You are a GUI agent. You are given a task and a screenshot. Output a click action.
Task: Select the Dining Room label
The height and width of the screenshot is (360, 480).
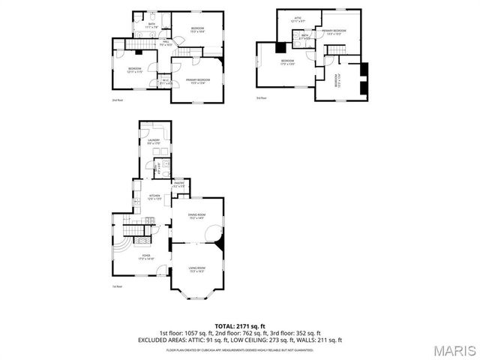click(x=196, y=217)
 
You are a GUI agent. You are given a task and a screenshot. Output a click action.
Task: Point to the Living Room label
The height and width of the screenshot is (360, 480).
click(x=196, y=269)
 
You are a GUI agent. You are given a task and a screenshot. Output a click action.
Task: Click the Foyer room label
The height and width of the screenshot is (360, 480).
click(x=145, y=256)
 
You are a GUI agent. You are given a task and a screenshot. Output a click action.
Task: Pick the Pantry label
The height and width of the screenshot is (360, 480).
click(x=179, y=184)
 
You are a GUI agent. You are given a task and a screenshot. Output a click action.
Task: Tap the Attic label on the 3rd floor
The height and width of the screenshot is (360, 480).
click(x=297, y=20)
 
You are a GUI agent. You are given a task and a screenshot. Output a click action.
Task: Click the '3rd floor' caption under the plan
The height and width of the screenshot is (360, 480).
click(x=261, y=98)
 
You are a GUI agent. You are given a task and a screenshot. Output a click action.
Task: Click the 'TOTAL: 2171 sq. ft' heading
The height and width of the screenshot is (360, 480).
click(x=240, y=326)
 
